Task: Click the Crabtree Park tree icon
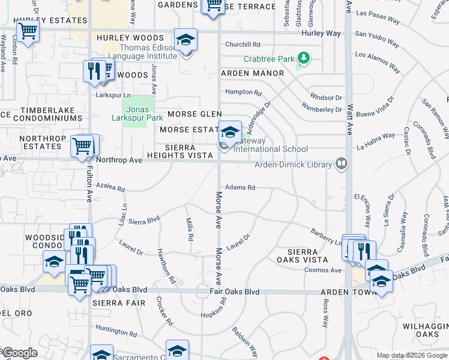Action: [304, 58]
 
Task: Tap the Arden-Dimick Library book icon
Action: [342, 164]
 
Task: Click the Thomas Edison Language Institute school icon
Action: [186, 40]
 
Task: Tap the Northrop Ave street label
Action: [119, 160]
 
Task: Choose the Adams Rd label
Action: [240, 187]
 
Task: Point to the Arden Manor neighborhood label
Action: [252, 73]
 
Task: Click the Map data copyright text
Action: [411, 355]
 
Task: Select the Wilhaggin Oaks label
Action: [427, 329]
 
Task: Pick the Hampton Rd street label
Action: [244, 92]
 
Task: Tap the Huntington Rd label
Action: [116, 330]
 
